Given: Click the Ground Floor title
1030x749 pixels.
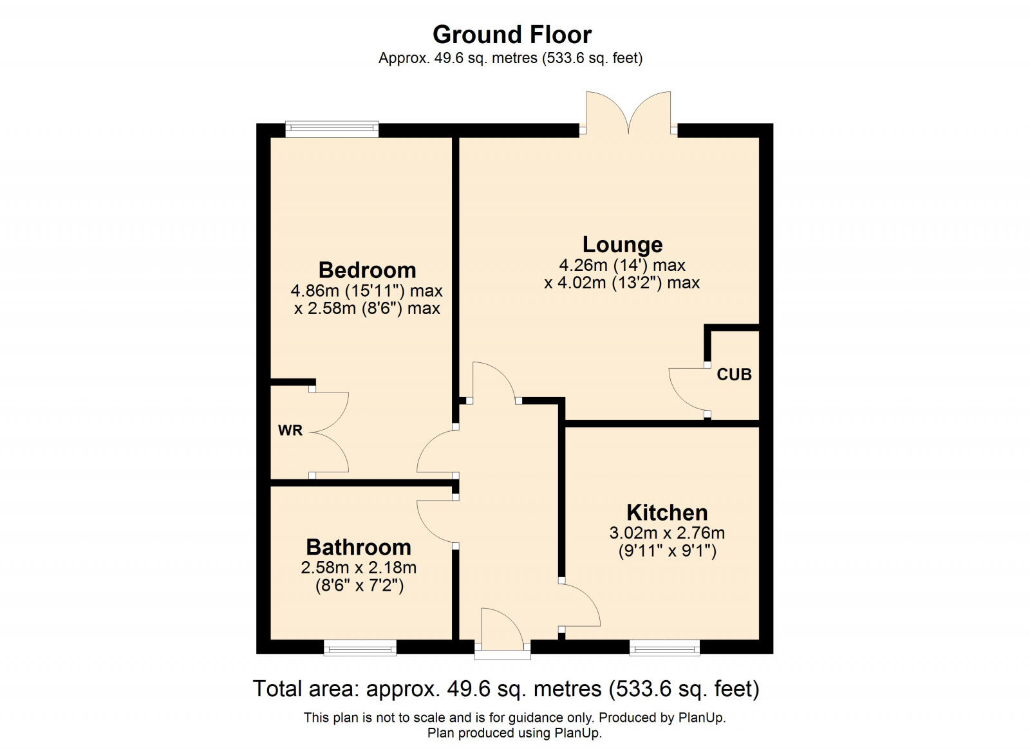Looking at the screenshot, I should (512, 34).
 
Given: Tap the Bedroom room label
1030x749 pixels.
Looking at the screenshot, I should (367, 270).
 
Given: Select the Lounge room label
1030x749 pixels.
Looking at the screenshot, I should (622, 245).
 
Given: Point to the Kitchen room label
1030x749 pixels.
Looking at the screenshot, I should (667, 512).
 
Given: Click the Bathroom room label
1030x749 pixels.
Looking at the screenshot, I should (359, 547).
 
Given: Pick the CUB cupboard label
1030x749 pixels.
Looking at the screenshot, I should (734, 374).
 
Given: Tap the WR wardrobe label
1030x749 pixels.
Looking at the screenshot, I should (290, 430).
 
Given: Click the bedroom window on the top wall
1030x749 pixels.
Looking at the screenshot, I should (332, 129).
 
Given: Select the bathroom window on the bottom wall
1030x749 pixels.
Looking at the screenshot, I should (360, 647).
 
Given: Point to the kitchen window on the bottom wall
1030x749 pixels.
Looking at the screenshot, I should (664, 647).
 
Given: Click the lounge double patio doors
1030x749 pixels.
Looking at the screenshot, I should (628, 113).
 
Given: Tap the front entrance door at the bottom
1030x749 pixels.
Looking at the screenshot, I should (503, 631).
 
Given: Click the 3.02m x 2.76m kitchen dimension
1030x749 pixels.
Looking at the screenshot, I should (667, 533).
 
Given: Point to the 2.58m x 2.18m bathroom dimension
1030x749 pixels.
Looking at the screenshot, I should (359, 568).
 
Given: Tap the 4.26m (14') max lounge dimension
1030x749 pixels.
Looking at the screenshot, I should (622, 265).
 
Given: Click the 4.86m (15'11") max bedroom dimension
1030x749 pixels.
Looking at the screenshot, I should (366, 291).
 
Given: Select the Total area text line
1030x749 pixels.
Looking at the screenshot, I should (506, 689).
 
